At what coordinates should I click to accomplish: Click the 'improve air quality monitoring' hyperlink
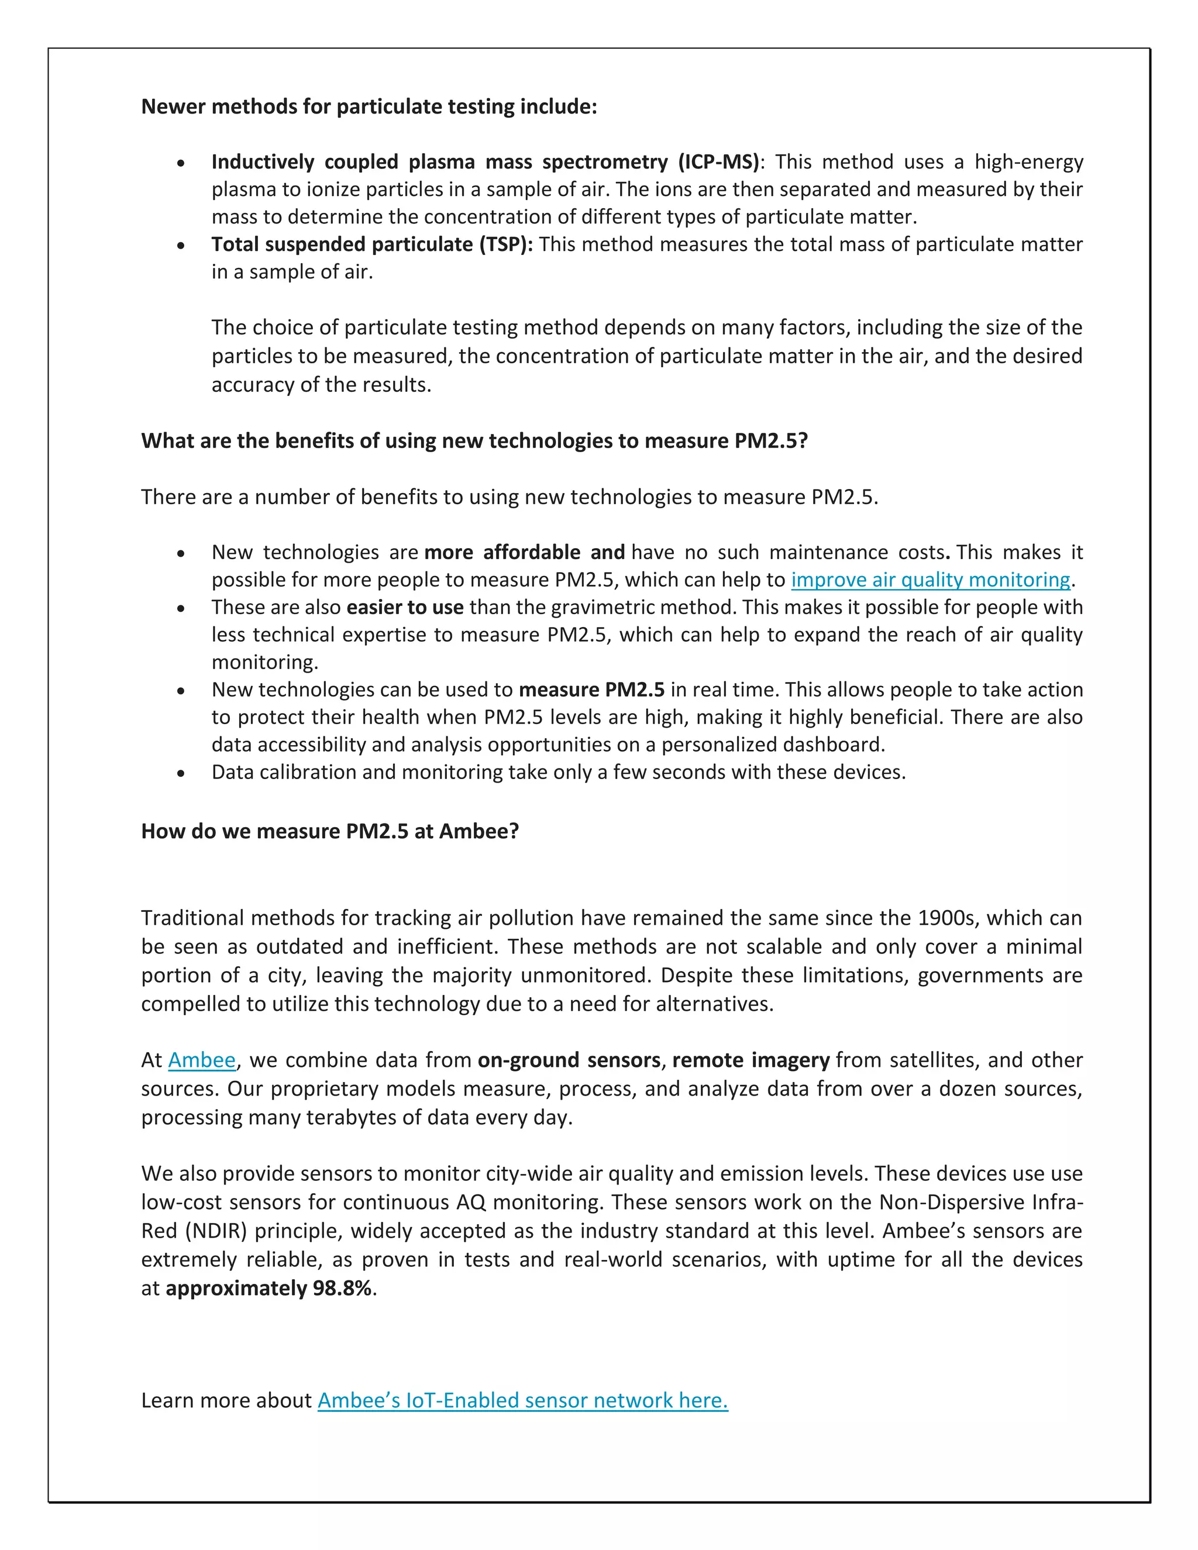tap(931, 580)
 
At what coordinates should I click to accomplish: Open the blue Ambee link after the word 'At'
tap(202, 1060)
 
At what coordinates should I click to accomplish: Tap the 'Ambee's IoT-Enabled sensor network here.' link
tap(522, 1400)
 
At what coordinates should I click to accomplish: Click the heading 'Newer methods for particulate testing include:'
tap(369, 106)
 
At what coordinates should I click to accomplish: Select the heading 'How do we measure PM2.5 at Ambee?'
tap(330, 831)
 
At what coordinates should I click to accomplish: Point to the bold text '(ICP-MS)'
tap(718, 162)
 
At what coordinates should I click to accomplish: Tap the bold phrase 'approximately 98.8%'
tap(268, 1288)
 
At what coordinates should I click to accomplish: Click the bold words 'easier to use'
tap(405, 608)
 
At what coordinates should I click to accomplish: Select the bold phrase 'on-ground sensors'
tap(569, 1060)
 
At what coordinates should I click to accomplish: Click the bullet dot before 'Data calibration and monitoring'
tap(182, 773)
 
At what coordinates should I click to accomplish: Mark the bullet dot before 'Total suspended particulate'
tap(182, 246)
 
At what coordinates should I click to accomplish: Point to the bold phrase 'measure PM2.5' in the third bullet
tap(591, 690)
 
